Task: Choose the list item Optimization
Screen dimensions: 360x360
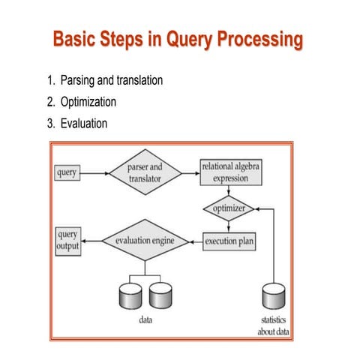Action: click(81, 101)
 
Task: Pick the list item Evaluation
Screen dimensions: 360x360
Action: click(77, 122)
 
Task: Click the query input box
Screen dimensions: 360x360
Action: click(67, 173)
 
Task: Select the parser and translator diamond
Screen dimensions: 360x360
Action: click(145, 173)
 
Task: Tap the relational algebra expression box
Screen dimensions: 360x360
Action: click(230, 172)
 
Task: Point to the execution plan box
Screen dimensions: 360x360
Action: click(232, 241)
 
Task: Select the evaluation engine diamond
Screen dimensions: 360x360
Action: click(145, 241)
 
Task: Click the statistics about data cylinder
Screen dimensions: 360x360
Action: click(273, 297)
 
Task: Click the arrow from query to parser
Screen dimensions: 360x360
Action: click(94, 173)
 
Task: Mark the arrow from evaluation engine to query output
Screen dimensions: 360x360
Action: click(94, 241)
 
